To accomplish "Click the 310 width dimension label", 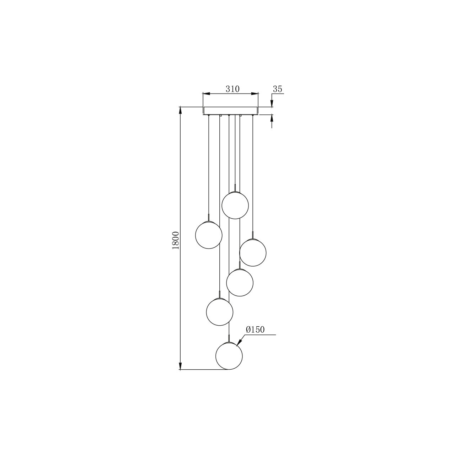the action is click(x=232, y=89).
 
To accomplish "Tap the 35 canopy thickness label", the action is click(x=277, y=89).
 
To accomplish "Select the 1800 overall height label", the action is click(x=176, y=240).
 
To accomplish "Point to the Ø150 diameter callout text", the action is click(x=255, y=330).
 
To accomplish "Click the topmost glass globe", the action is click(x=235, y=205).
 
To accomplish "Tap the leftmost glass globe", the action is click(x=209, y=235).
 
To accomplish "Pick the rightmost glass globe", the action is click(x=253, y=253).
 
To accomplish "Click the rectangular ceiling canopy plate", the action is click(x=230, y=111).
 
